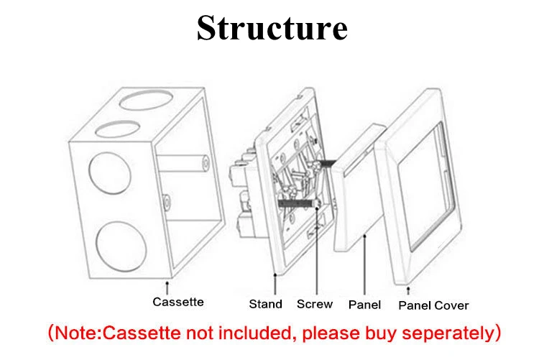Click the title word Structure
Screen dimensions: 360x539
[272, 29]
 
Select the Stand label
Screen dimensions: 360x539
[265, 304]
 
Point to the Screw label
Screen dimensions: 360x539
[315, 304]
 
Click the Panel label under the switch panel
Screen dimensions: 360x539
[364, 305]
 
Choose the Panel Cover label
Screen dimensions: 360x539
[433, 305]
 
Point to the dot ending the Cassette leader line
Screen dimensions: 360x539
[171, 277]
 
